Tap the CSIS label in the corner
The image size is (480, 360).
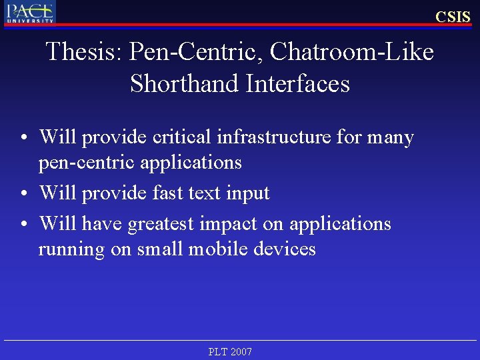[453, 17]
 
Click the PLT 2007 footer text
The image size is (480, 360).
[230, 351]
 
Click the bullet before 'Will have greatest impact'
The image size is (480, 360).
[24, 224]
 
